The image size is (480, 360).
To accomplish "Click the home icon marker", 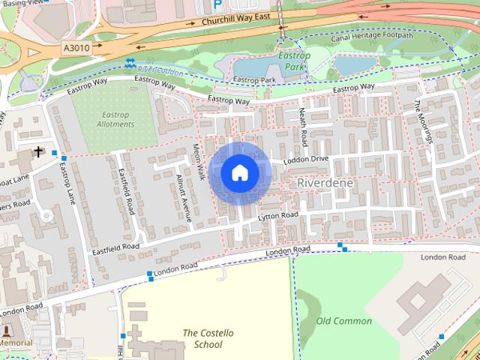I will coord(239,173).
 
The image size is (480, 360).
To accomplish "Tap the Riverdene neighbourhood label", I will coord(325,183).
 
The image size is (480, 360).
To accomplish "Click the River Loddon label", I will coord(160,69).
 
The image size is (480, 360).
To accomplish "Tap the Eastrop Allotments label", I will coord(115,118).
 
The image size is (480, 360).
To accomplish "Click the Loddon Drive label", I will coord(306,160).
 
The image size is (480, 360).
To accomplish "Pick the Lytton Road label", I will coord(278,216).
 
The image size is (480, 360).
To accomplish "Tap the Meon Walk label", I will coord(199,162).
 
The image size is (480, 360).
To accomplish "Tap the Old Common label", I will coord(343,321).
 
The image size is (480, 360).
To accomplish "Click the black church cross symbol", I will coord(37,152).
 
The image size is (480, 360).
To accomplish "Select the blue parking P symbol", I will coord(218,4).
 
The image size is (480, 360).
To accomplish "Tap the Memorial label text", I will coord(16,343).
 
